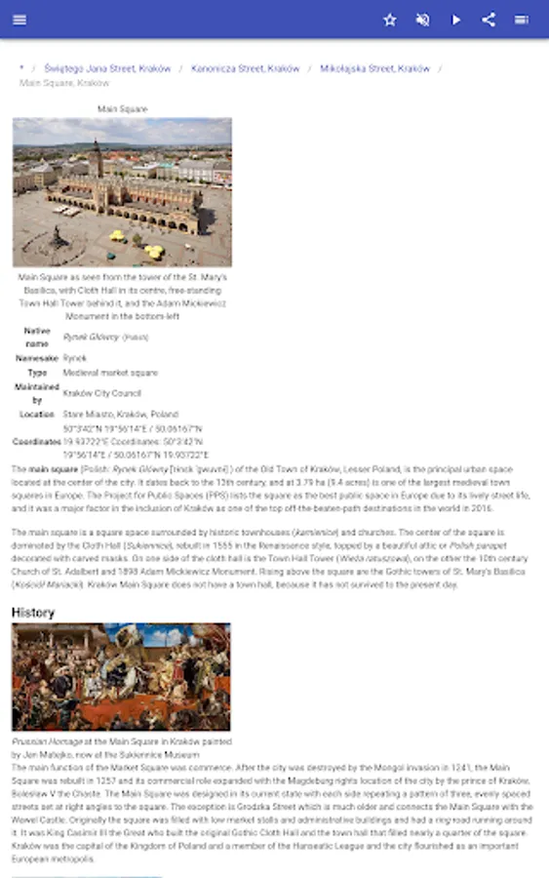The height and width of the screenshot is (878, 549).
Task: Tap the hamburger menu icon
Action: pos(20,20)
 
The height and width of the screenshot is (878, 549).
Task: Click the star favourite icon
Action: pos(390,20)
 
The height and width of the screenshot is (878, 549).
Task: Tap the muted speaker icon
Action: pos(422,20)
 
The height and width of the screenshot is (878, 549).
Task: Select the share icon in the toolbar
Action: pos(489,20)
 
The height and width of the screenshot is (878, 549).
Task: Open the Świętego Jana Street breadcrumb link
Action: pos(107,69)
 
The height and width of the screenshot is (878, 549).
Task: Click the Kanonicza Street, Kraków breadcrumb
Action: pos(245,69)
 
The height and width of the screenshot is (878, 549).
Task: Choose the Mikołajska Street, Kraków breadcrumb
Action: pos(374,69)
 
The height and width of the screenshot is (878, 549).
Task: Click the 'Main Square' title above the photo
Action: pos(122,109)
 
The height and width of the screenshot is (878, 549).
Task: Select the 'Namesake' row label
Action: pos(37,358)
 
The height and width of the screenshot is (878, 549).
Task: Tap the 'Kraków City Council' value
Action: pos(101,393)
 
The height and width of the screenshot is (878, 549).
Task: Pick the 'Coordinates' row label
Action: pos(37,441)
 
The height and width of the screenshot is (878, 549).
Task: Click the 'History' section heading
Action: pos(33,613)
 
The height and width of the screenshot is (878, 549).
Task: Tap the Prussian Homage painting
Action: pos(121,678)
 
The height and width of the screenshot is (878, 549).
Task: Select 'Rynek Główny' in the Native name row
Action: pos(91,337)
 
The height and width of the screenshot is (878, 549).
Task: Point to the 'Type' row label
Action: pos(37,373)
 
